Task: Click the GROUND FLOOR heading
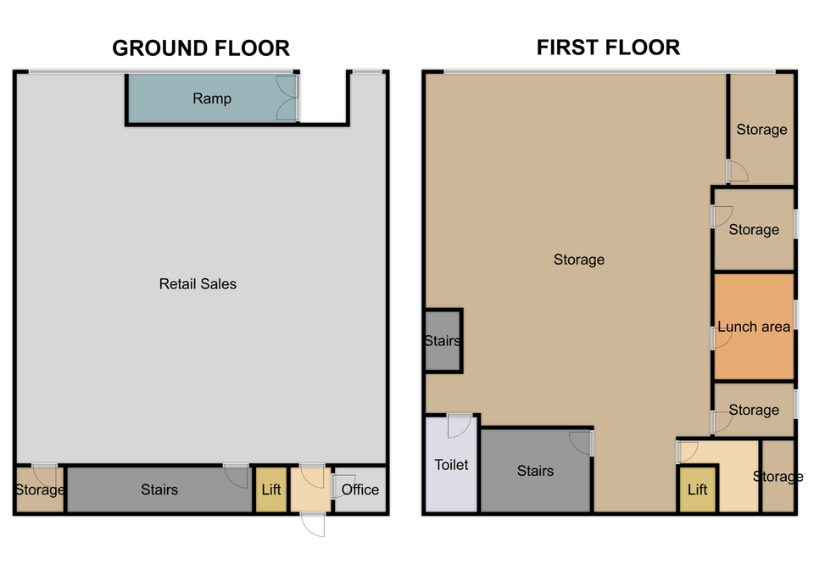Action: click(201, 48)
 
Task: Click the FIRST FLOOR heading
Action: click(608, 48)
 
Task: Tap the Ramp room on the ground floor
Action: click(212, 98)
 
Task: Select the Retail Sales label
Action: click(198, 283)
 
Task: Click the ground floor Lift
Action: click(271, 489)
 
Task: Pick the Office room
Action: click(360, 489)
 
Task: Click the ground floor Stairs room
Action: click(159, 489)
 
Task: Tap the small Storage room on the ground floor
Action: click(40, 489)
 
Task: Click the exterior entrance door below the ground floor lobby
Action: click(313, 523)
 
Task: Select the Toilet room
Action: click(451, 464)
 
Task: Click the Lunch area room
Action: click(754, 327)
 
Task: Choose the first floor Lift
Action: click(697, 489)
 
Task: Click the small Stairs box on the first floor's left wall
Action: click(443, 341)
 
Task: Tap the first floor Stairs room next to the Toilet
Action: click(535, 471)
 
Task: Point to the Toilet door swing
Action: click(459, 425)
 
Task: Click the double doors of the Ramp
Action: click(287, 98)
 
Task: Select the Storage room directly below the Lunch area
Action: click(754, 410)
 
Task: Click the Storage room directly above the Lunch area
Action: click(754, 229)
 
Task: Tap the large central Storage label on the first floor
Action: click(579, 260)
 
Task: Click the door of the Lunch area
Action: click(722, 338)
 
